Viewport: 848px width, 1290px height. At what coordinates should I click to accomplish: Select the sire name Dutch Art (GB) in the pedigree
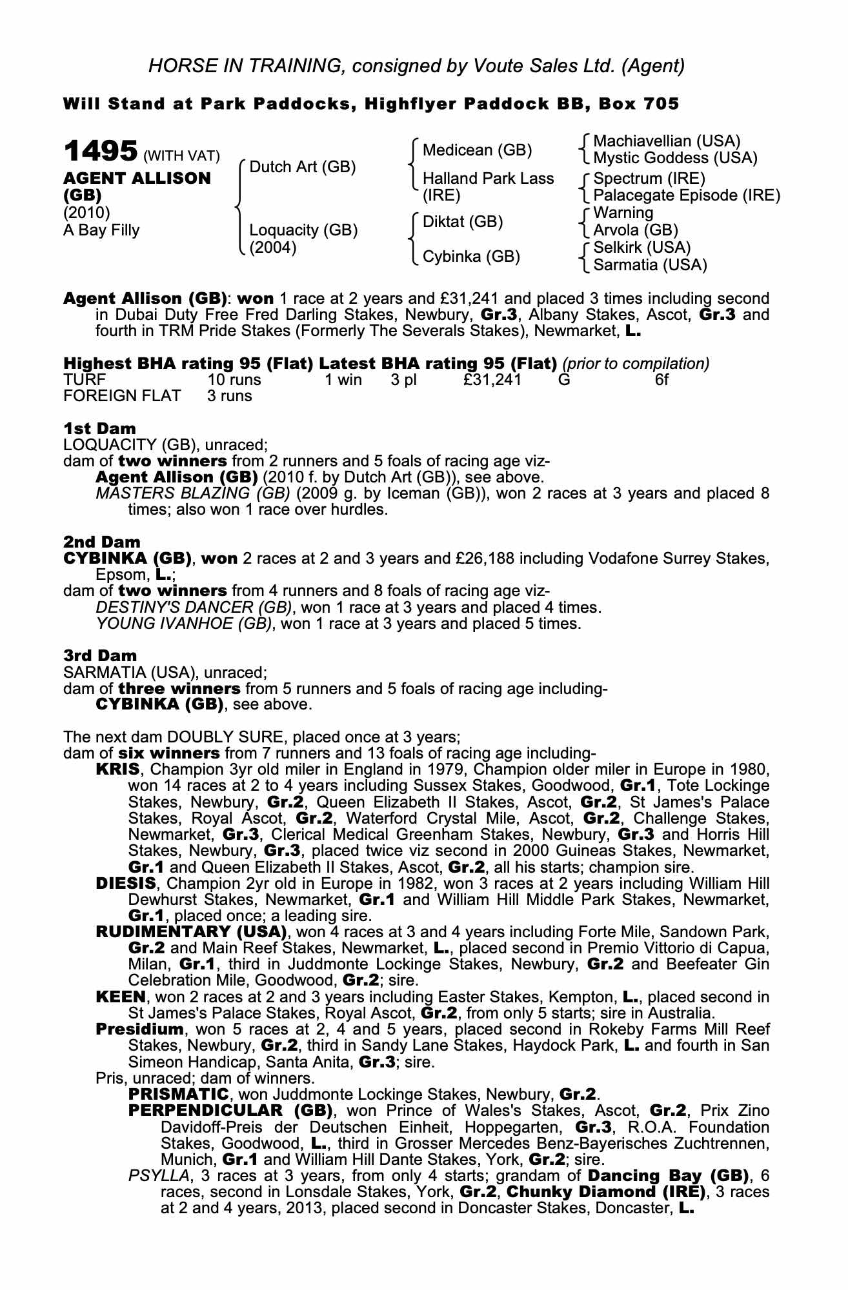(x=302, y=167)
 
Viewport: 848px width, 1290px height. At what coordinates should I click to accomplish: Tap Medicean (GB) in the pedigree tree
(x=477, y=150)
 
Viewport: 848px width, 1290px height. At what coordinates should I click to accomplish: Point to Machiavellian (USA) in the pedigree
(x=667, y=141)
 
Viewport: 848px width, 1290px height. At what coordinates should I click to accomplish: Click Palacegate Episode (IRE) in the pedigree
(x=687, y=195)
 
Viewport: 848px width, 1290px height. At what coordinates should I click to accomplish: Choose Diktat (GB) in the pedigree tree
(x=462, y=222)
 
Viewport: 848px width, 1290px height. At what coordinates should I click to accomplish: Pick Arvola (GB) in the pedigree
(x=635, y=230)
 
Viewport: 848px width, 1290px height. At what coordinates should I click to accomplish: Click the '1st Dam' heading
(x=99, y=428)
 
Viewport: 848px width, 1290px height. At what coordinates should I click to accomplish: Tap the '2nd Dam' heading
(x=101, y=542)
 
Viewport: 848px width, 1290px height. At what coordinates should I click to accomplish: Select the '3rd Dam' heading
(x=100, y=656)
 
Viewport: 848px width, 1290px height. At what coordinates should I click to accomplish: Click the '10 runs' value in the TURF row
(x=234, y=380)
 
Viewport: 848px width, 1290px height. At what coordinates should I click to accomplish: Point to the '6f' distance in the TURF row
(x=661, y=380)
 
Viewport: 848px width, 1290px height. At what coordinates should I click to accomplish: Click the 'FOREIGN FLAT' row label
(x=122, y=396)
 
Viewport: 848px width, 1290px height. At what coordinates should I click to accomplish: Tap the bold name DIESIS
(x=125, y=883)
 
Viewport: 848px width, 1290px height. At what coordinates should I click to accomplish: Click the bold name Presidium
(x=139, y=1029)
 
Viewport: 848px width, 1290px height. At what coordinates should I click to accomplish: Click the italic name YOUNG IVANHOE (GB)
(x=183, y=624)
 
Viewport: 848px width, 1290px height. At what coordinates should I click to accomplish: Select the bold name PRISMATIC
(x=179, y=1095)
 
